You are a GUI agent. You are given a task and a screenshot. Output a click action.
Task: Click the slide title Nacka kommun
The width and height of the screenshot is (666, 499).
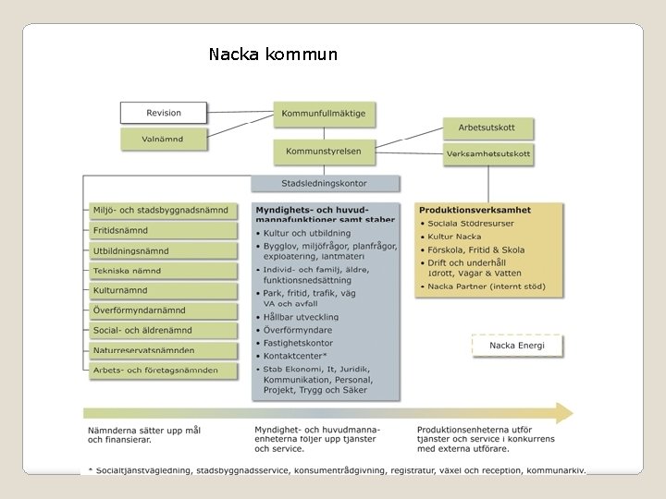click(273, 55)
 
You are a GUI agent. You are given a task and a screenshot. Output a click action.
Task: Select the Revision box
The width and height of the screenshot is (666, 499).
click(164, 113)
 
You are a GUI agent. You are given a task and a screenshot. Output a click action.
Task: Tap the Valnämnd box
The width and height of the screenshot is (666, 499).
click(164, 140)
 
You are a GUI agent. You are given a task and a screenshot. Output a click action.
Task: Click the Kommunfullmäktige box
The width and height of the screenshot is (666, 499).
click(325, 114)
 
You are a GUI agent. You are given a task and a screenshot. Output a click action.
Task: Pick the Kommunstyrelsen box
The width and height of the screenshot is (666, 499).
click(325, 151)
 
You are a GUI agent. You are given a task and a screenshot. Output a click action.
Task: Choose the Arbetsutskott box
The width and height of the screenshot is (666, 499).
click(487, 128)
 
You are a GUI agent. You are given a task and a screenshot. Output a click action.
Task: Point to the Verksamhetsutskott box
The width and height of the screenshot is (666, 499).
click(487, 153)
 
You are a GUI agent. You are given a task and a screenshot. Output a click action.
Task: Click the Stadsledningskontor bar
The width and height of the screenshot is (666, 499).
click(326, 184)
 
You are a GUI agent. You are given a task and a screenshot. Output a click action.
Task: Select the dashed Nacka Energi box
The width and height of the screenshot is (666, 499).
click(517, 346)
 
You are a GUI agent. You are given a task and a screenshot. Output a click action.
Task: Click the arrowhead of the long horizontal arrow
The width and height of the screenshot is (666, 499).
click(562, 413)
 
